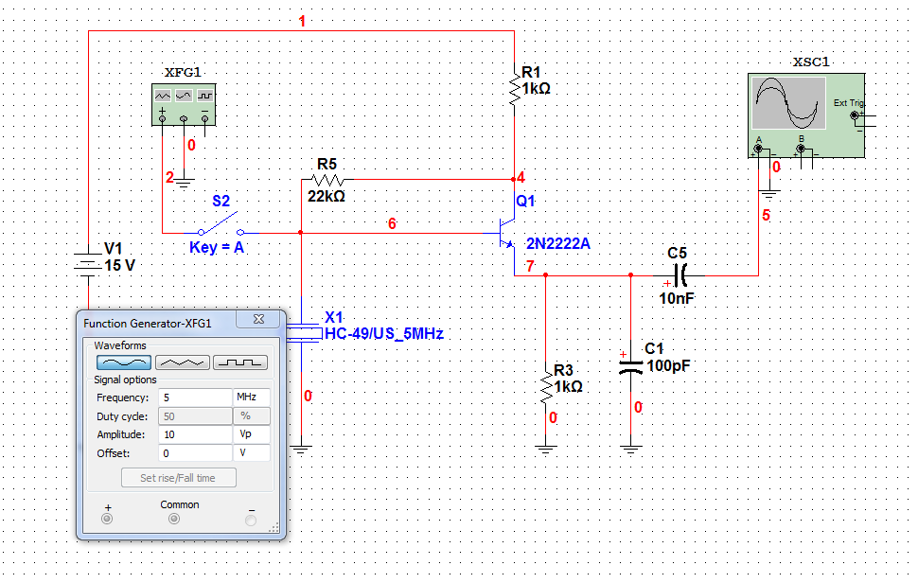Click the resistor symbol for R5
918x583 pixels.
(x=327, y=179)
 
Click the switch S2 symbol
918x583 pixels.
(x=221, y=227)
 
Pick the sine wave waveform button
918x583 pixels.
(x=123, y=362)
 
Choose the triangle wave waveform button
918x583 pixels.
(x=182, y=362)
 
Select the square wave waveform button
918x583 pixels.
(x=240, y=362)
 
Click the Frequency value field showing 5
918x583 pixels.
(x=194, y=397)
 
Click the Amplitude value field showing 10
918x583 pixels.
(x=194, y=434)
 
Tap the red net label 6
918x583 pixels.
(x=392, y=223)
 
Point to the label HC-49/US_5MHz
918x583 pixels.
(x=383, y=334)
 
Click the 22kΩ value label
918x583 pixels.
(x=326, y=197)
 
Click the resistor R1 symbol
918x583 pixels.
(x=514, y=91)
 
